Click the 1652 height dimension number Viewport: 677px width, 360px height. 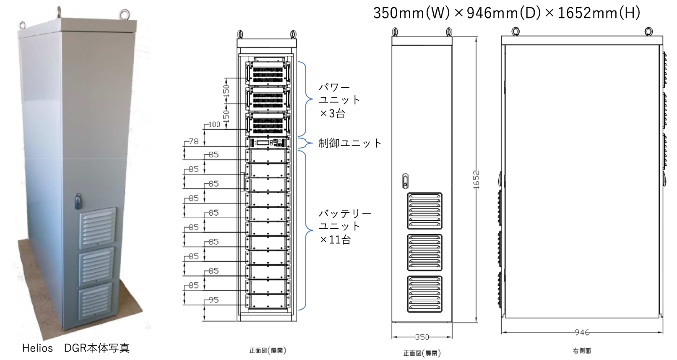pos(476,179)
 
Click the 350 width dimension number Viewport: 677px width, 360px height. pos(422,337)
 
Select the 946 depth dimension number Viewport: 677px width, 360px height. pos(582,332)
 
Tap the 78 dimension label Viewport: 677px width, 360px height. pos(193,141)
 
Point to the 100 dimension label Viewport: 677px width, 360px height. pos(214,124)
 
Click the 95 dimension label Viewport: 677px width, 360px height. pos(214,300)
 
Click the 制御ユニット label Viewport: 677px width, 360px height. pos(350,143)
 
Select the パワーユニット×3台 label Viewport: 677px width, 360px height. pos(339,100)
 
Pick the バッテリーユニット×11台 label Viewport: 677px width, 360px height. pos(344,227)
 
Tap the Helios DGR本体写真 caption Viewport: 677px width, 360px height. pos(76,348)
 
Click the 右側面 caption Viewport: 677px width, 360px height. pos(582,351)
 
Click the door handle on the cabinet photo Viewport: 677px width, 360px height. pos(78,201)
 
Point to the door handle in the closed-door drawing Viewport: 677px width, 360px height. pos(405,181)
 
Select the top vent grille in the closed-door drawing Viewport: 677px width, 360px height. pos(425,211)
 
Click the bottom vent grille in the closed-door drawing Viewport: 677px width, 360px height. pos(425,294)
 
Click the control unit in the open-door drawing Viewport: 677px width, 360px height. pos(268,143)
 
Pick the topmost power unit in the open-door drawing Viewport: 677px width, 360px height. pos(268,73)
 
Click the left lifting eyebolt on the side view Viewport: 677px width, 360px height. pos(516,31)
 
